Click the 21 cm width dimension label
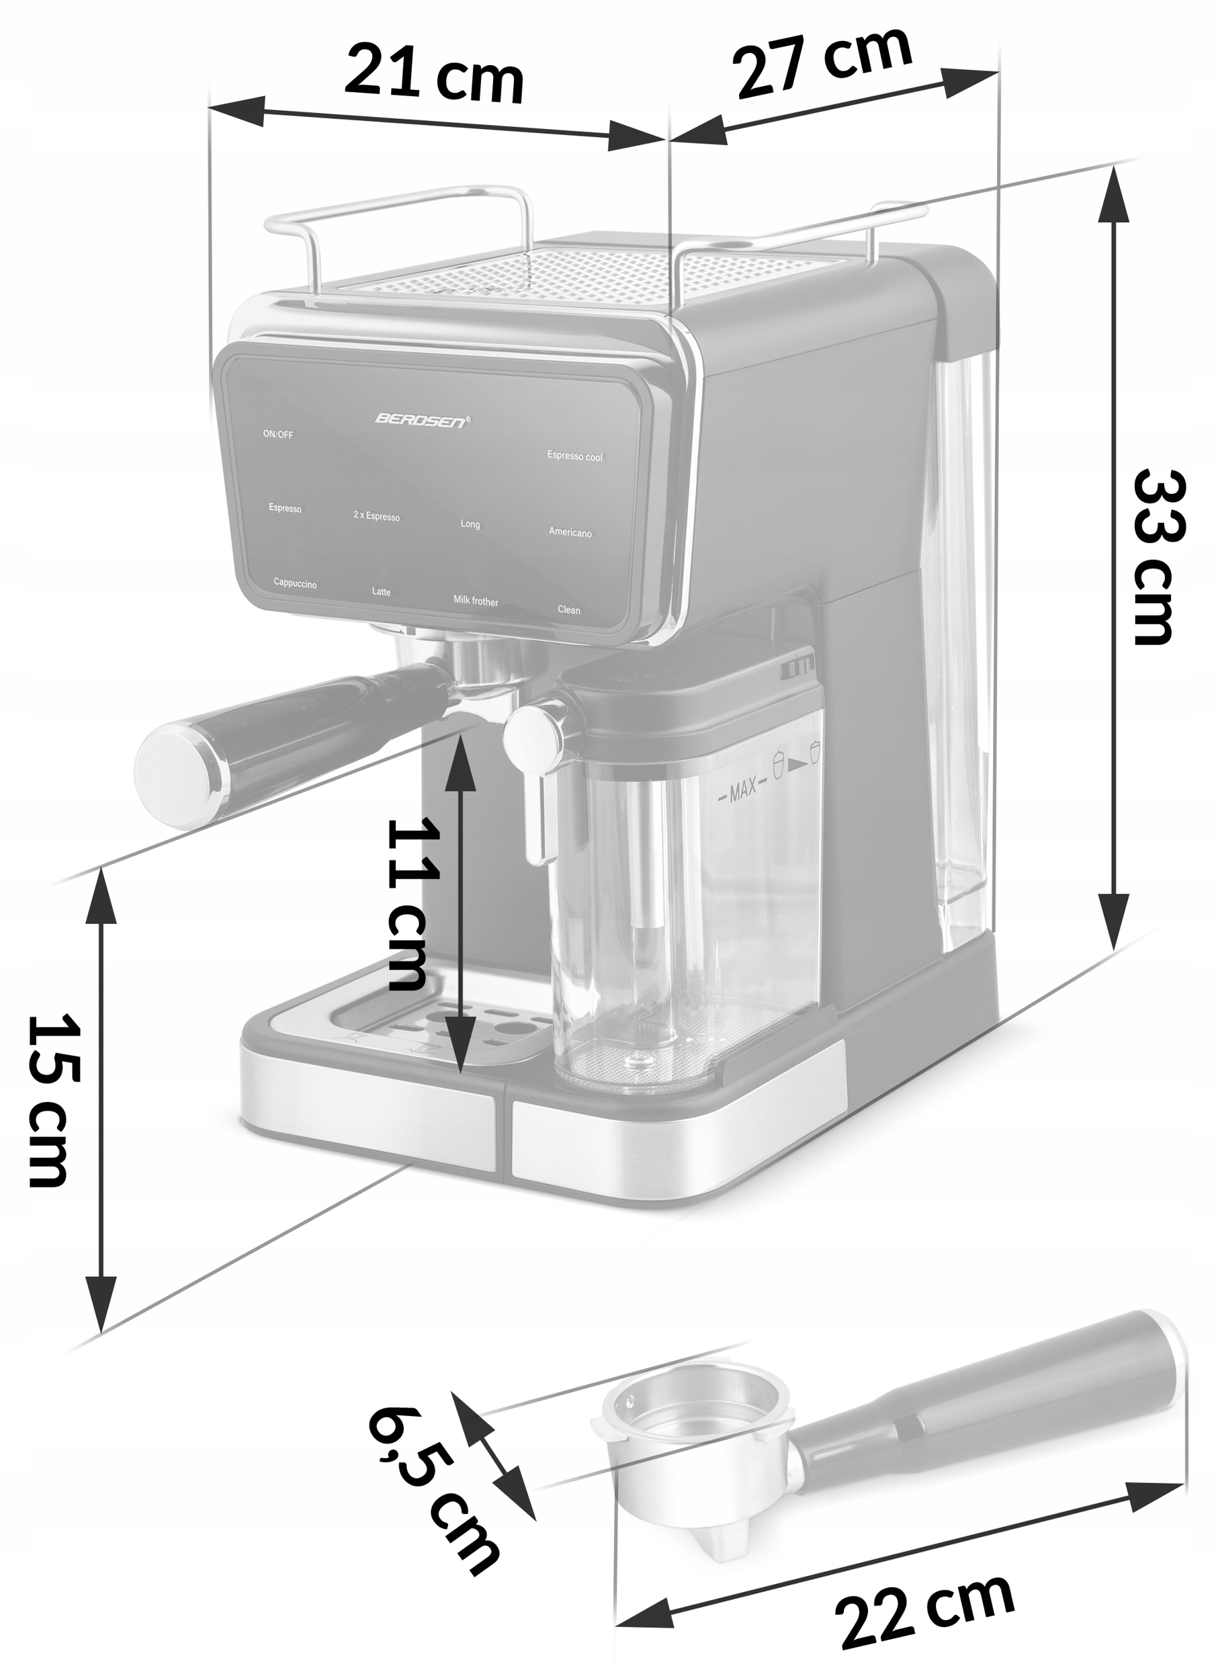point(434,74)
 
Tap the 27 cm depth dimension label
point(822,62)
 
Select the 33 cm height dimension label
point(1160,556)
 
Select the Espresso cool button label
point(574,456)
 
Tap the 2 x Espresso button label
point(376,516)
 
